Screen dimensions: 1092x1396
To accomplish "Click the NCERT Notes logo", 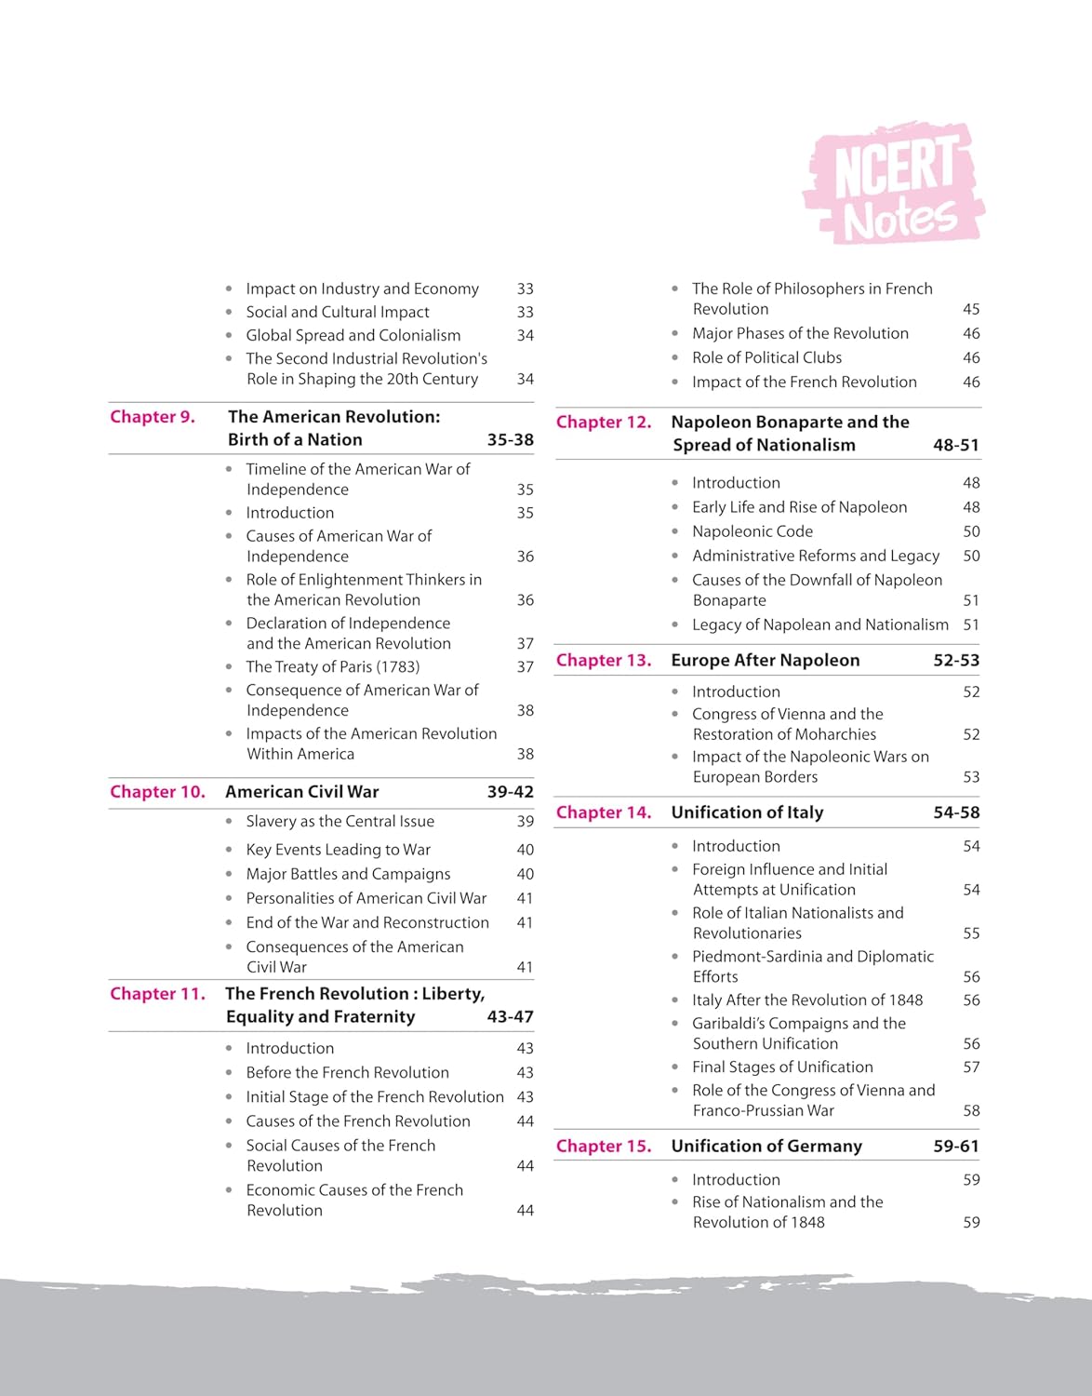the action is [894, 182].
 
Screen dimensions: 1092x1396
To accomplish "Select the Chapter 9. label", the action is [153, 417].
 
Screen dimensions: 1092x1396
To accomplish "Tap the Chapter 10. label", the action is [157, 792].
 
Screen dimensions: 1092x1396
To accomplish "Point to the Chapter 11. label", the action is [157, 994].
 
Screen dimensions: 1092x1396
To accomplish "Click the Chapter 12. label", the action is [604, 423].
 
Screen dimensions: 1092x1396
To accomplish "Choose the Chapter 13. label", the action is [604, 661].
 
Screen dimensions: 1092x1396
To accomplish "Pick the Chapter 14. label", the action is [604, 812].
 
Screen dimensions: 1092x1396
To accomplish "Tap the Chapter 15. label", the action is [604, 1147].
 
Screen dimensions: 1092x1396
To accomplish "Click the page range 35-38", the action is [510, 440].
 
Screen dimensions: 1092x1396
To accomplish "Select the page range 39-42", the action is [510, 792].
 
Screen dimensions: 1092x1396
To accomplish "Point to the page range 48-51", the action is [956, 446].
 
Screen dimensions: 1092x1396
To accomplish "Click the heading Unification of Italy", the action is [747, 812].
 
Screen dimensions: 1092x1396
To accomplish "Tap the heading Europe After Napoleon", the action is [765, 661].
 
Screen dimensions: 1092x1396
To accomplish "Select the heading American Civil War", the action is [302, 792].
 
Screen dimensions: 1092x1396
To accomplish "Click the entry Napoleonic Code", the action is [752, 531].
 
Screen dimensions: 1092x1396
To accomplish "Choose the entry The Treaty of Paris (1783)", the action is [332, 667].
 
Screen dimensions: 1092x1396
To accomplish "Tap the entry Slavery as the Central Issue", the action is [340, 822].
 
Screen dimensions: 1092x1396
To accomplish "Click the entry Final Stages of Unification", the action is [782, 1067].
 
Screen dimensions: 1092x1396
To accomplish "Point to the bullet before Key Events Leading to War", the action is [229, 850].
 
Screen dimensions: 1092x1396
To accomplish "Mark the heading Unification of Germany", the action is [766, 1147].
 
